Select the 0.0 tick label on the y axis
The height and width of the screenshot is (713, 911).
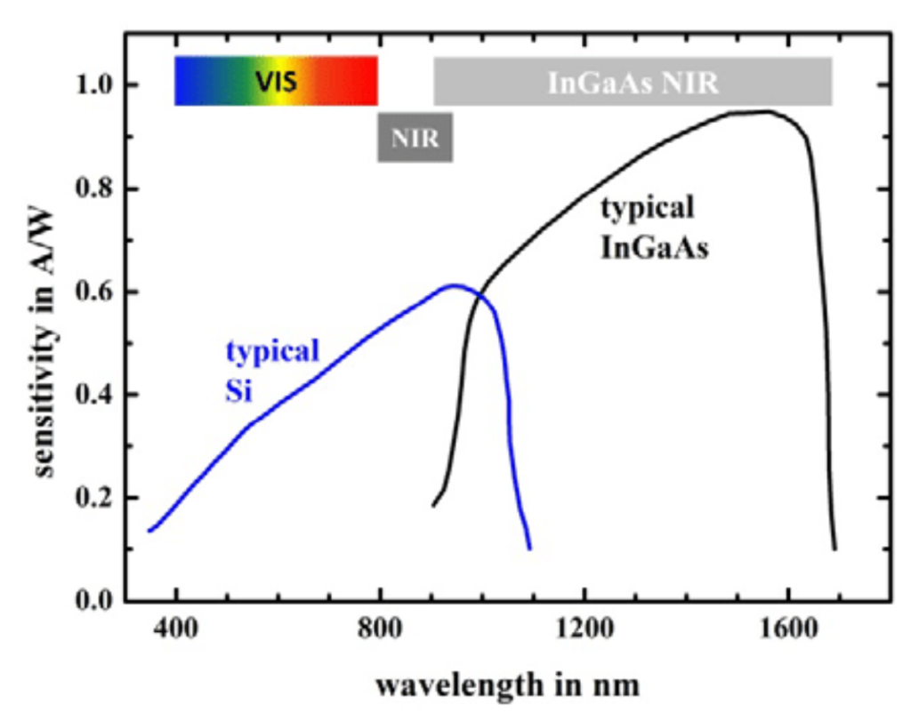pyautogui.click(x=92, y=602)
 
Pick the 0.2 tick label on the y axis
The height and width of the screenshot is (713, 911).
pyautogui.click(x=92, y=499)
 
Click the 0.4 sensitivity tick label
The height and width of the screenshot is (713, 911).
pyautogui.click(x=92, y=396)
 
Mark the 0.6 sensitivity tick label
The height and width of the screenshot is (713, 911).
pyautogui.click(x=92, y=292)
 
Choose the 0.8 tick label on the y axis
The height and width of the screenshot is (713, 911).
pyautogui.click(x=92, y=189)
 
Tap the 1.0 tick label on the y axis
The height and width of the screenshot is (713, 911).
pyautogui.click(x=92, y=86)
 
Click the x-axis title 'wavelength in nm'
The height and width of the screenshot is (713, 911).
pyautogui.click(x=506, y=685)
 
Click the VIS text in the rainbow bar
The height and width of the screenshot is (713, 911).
pyautogui.click(x=276, y=82)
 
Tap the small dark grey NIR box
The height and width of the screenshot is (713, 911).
pyautogui.click(x=415, y=138)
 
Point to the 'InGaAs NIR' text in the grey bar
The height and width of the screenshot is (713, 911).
pyautogui.click(x=633, y=82)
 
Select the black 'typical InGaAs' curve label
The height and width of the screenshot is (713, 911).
pyautogui.click(x=654, y=228)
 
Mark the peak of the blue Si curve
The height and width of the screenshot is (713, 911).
pyautogui.click(x=455, y=285)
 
